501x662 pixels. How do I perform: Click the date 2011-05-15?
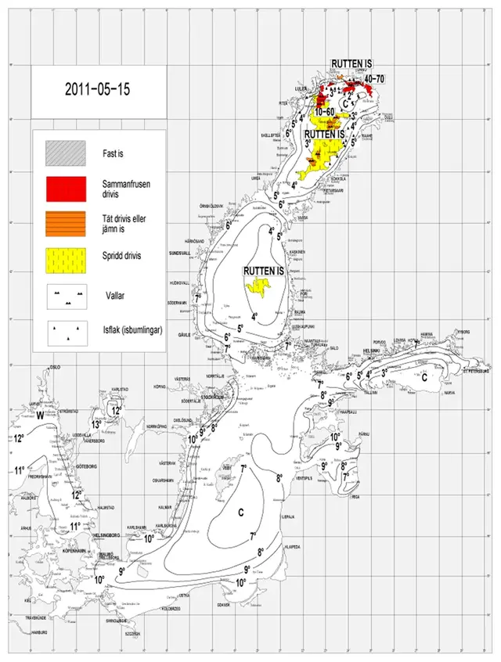click(x=97, y=88)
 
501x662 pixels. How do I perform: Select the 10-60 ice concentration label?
click(x=327, y=113)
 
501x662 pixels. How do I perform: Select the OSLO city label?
click(x=55, y=366)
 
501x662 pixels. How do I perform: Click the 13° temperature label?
click(x=98, y=423)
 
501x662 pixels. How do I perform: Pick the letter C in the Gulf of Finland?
click(x=424, y=376)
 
